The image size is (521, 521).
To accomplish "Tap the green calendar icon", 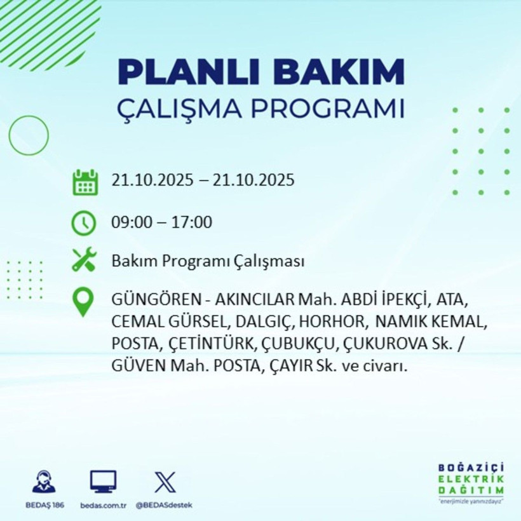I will point(85,182).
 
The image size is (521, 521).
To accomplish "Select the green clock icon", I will point(85,223).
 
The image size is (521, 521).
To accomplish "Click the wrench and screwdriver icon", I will point(85,260).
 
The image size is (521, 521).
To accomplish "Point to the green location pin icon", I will point(85,302).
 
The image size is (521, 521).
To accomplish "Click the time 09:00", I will point(132,222).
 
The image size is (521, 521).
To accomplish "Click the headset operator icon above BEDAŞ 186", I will point(44,482).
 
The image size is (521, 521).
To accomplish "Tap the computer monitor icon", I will point(103,482).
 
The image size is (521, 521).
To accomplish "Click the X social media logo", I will point(165,482).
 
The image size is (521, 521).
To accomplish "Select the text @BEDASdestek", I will point(165,505).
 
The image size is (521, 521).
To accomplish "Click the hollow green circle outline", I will point(29,135).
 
